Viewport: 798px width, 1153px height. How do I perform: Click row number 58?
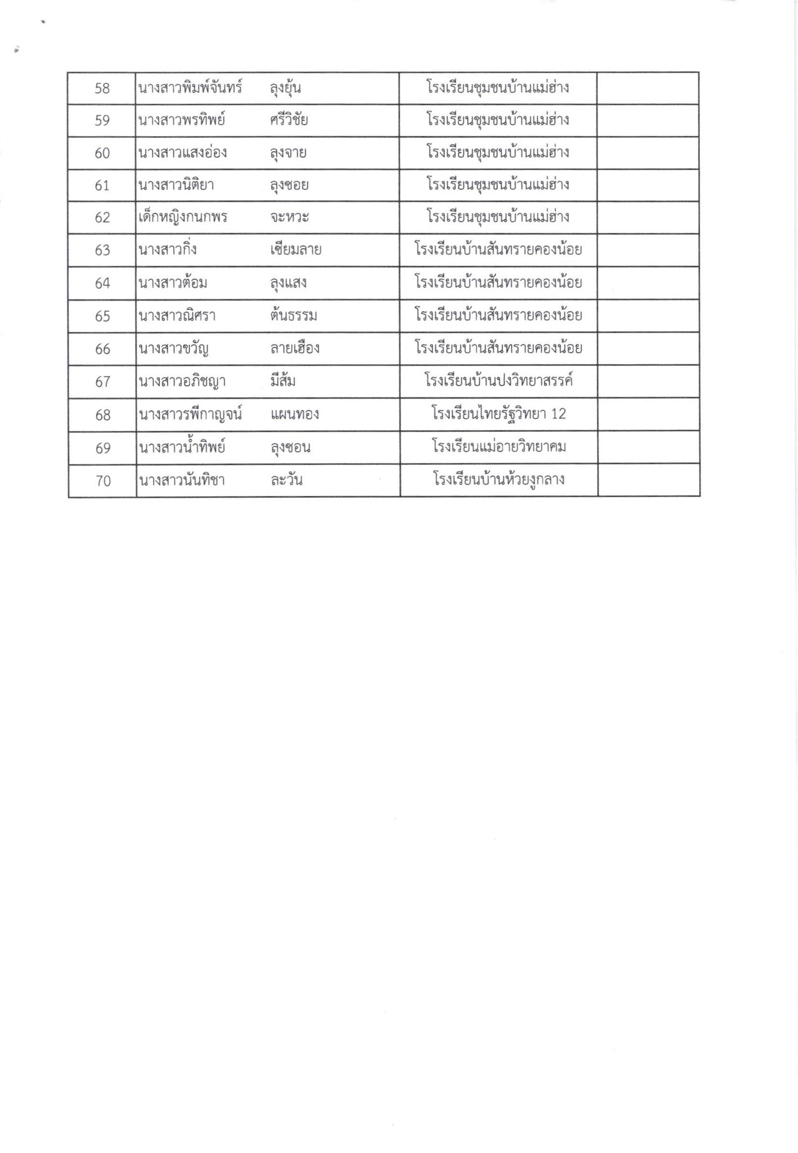coord(102,88)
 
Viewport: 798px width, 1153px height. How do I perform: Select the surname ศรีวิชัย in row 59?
coord(289,120)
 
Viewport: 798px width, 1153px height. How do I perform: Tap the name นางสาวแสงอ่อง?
coord(183,153)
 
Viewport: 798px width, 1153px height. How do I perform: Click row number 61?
coord(102,185)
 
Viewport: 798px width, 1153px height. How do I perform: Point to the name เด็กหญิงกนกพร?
coord(183,217)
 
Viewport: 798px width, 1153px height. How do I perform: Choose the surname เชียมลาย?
coord(295,250)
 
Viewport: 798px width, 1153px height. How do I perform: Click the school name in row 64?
coord(498,283)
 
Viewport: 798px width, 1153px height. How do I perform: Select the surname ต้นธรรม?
coord(293,316)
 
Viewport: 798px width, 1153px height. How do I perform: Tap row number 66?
coord(102,349)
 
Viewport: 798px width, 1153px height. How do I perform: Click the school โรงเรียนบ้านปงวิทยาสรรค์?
coord(499,382)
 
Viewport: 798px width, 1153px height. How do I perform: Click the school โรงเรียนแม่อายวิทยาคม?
coord(499,448)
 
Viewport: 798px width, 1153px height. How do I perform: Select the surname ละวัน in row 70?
coord(286,481)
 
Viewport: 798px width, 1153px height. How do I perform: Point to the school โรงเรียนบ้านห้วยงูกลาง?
coord(499,480)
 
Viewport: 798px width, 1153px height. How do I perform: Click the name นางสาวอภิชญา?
coord(182,382)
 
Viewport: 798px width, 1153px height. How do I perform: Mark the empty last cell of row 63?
coord(648,250)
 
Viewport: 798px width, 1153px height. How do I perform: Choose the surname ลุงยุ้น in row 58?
coord(286,88)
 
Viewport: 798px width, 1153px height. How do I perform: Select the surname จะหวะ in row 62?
coord(289,217)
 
